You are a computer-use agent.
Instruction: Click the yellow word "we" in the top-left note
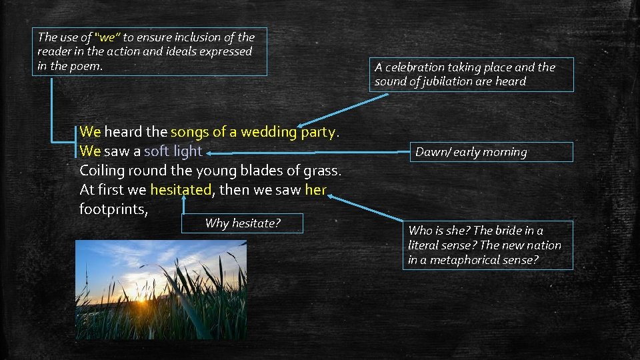(107, 37)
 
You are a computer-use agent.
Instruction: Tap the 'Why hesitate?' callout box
(243, 223)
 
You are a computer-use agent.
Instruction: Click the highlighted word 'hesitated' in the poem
(181, 190)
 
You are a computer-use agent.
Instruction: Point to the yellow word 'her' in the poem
(315, 190)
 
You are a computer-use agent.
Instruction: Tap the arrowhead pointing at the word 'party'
(302, 125)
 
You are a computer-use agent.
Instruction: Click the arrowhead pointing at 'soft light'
(209, 152)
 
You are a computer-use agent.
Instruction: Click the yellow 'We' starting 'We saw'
(90, 151)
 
